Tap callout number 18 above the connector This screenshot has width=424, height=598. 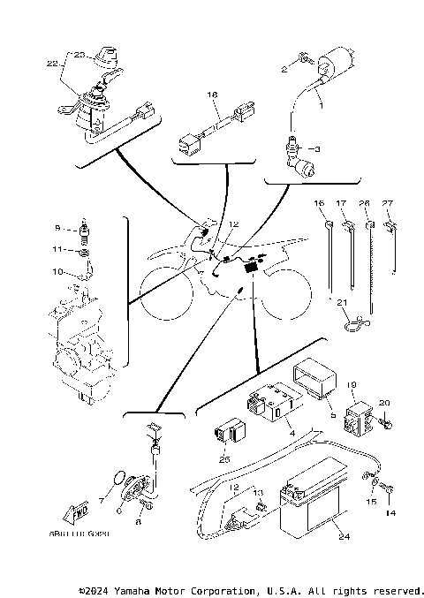click(212, 93)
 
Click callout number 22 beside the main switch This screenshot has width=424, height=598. click(51, 64)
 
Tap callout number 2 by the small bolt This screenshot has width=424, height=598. click(284, 67)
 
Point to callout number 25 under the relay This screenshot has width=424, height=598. click(223, 459)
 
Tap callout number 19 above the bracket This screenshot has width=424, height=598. click(351, 385)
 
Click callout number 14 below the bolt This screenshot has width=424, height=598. click(390, 513)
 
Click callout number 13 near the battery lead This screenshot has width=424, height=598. click(259, 491)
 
